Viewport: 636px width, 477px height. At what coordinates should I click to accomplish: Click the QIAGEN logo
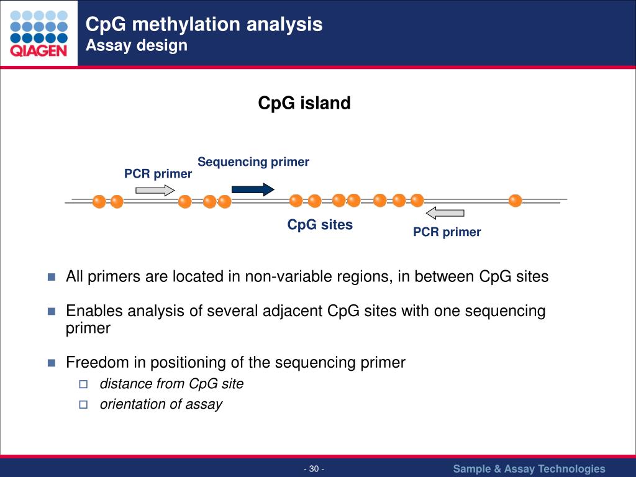point(39,34)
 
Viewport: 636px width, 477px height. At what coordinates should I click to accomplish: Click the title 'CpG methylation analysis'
point(204,24)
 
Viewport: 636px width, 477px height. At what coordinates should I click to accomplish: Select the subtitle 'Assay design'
point(136,45)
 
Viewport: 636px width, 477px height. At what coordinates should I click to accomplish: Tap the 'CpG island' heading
point(304,103)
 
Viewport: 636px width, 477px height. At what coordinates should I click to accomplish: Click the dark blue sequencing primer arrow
point(253,189)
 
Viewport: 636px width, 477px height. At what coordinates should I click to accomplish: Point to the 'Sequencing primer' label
point(253,162)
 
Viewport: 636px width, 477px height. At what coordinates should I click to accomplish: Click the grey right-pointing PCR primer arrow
point(155,190)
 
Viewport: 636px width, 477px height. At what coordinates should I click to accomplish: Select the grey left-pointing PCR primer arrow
point(445,213)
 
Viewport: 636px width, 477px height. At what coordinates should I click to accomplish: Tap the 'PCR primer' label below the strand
point(447,232)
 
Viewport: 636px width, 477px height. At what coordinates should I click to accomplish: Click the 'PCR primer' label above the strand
point(158,174)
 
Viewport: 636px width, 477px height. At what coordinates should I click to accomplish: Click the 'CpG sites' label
point(320,225)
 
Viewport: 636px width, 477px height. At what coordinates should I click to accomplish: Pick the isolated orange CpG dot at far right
point(515,201)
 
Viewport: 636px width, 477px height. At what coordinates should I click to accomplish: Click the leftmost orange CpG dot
point(99,201)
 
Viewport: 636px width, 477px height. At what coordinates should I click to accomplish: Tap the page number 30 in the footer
point(314,469)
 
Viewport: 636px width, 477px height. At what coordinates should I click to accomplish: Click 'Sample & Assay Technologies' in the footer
point(529,469)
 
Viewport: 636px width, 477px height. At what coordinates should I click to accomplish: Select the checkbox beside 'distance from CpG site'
point(83,384)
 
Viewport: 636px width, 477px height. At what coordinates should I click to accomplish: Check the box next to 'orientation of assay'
point(83,404)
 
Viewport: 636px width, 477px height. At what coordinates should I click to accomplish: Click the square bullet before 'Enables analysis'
point(52,311)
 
